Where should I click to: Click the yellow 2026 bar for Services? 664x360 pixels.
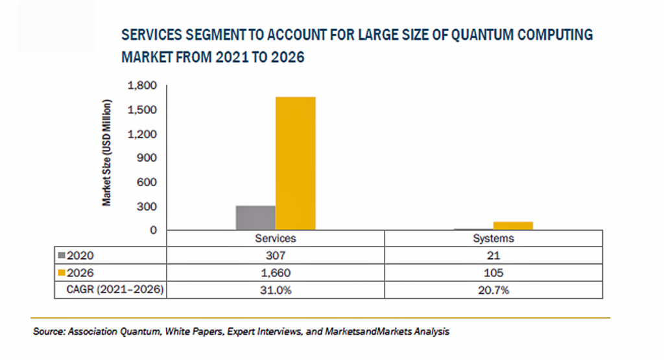click(x=296, y=163)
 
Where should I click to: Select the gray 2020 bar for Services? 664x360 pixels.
click(x=255, y=217)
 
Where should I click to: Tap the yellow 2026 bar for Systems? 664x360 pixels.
click(x=514, y=226)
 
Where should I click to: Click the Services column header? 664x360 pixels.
click(x=276, y=239)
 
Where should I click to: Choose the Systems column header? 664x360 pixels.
click(x=493, y=239)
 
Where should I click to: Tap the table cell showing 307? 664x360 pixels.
click(x=276, y=256)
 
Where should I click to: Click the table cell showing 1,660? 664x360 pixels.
click(x=276, y=273)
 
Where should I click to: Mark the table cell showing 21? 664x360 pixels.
click(x=493, y=256)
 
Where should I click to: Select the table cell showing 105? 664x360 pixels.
click(x=493, y=273)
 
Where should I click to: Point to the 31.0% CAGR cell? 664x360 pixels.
click(x=276, y=290)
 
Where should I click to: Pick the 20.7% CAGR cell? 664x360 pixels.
click(x=493, y=290)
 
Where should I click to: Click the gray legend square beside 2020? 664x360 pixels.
click(x=62, y=256)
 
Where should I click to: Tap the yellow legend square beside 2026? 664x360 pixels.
click(x=62, y=273)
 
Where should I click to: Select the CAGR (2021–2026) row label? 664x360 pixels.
click(x=111, y=290)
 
